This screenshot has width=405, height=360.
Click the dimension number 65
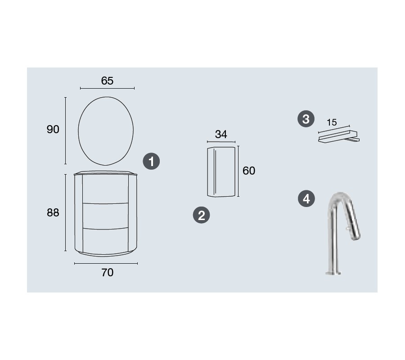click(107, 81)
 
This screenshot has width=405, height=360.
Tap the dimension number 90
click(53, 129)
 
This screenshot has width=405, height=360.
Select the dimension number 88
click(53, 212)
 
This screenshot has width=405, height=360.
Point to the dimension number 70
click(107, 272)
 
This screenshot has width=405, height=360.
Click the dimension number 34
click(221, 134)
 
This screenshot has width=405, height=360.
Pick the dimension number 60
click(249, 171)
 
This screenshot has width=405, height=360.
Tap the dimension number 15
click(332, 122)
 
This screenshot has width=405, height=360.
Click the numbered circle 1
click(151, 162)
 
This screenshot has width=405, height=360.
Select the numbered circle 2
click(202, 215)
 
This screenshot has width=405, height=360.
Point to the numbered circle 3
click(306, 119)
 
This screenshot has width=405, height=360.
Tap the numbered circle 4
click(306, 198)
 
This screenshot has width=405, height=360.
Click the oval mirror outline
click(78, 131)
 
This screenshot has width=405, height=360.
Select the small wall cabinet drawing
click(221, 172)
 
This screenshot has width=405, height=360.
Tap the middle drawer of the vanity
click(105, 216)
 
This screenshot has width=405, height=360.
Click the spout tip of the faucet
click(356, 238)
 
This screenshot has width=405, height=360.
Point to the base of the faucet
click(333, 272)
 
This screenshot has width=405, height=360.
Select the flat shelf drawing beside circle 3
click(338, 137)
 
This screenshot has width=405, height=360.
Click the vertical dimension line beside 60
click(238, 171)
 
